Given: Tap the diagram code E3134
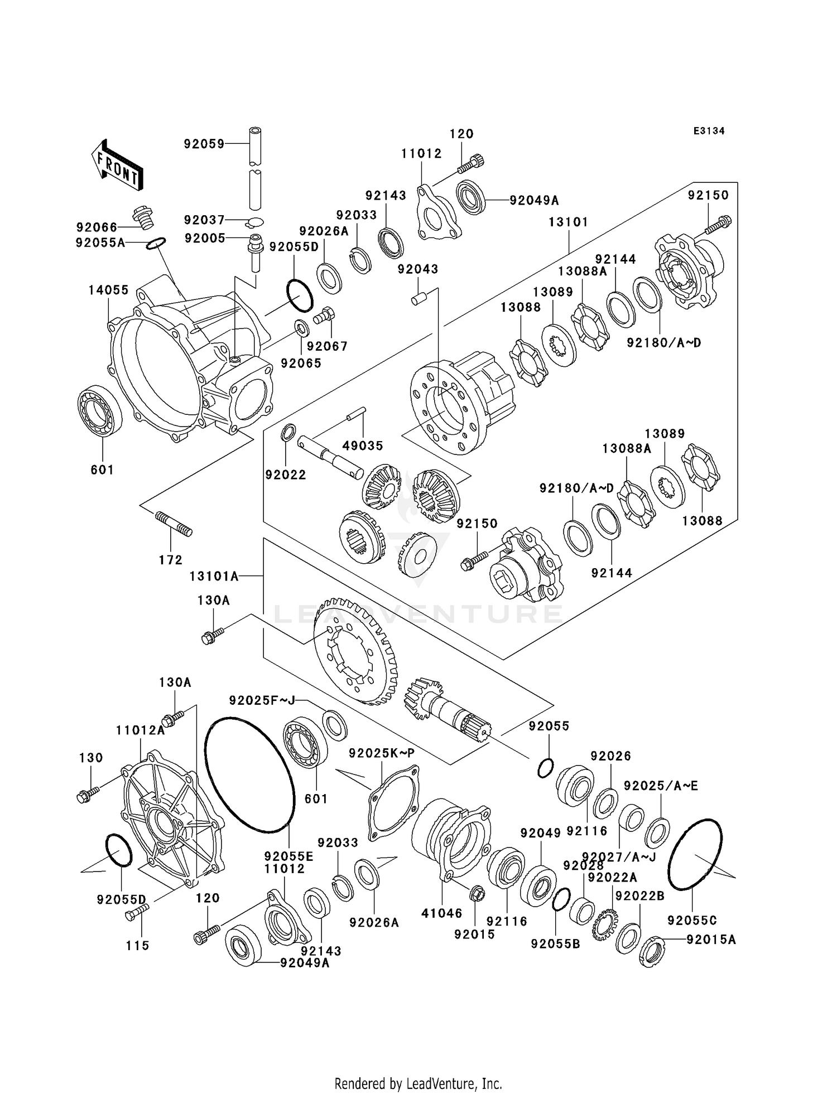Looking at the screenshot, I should [709, 131].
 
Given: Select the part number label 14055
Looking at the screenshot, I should [108, 290].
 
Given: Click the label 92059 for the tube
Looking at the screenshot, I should [204, 144].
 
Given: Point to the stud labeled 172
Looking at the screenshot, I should [173, 524].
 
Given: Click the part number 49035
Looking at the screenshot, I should [363, 446].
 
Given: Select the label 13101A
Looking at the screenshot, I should [214, 576].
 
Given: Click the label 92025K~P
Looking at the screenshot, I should [382, 753].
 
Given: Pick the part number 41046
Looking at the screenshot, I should [442, 913].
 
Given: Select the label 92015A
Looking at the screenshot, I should [711, 940].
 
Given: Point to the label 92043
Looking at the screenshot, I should [418, 269].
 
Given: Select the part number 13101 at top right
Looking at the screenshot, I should [568, 222].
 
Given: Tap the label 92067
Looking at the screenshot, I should [327, 346].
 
